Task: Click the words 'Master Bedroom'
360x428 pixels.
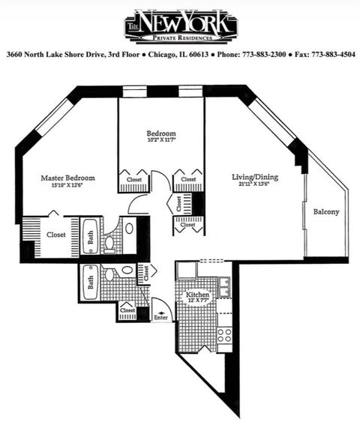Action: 68,178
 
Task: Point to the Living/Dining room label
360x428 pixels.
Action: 255,177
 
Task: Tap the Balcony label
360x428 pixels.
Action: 326,211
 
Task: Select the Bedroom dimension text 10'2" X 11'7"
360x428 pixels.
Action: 161,140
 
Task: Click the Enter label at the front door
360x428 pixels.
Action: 160,318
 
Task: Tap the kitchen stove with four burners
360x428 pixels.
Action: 224,335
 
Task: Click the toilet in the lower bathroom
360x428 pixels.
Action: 109,271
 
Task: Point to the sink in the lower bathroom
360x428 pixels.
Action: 127,269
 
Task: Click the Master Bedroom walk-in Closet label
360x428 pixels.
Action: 55,235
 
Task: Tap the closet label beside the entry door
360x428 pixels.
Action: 127,310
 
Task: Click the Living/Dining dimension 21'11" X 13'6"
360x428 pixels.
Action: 255,185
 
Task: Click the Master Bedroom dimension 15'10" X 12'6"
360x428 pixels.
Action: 68,187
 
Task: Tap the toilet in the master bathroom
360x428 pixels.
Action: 109,241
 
